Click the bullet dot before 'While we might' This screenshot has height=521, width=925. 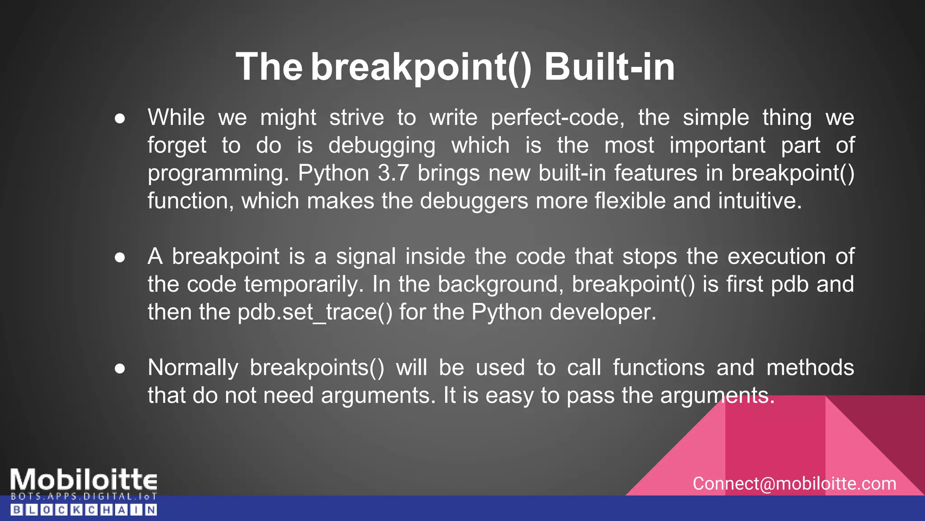coord(120,118)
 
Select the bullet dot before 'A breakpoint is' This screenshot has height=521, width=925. coord(120,257)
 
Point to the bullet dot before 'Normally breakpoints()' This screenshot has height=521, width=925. coord(120,368)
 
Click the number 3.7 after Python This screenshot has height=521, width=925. coord(393,173)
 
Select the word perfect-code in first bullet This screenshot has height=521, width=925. coord(557,118)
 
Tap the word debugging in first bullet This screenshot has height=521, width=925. coord(382,146)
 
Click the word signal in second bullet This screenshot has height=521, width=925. coord(365,257)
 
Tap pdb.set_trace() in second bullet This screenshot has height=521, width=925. coord(315,313)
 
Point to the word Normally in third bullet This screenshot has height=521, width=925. coord(193,368)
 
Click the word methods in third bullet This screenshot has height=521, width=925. coord(810,368)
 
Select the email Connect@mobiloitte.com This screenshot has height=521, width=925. coord(794,484)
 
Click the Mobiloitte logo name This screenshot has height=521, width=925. coord(84,479)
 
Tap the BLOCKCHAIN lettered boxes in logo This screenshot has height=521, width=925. coord(84,510)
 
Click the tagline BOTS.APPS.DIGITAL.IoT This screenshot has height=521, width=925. coord(84,497)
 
